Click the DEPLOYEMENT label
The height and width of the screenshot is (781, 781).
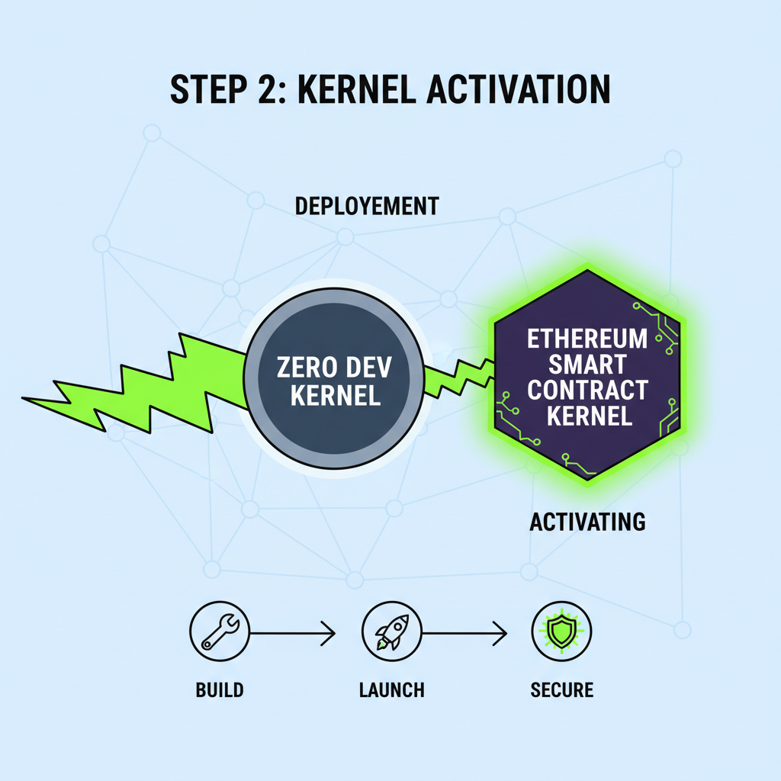coord(366,206)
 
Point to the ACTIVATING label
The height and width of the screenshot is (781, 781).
coord(587,522)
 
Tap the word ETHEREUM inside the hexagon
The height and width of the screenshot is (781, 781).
coord(587,338)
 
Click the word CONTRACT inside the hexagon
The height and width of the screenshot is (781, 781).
coord(587,390)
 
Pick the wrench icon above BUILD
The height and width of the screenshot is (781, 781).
coord(220,632)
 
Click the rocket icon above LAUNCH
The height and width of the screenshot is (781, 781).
coord(390,632)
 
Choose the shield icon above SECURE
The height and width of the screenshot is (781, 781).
coord(561,632)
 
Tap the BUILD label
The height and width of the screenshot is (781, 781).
coord(220,690)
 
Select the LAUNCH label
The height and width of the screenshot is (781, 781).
coord(391,690)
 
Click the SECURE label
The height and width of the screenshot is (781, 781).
coord(561,690)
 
